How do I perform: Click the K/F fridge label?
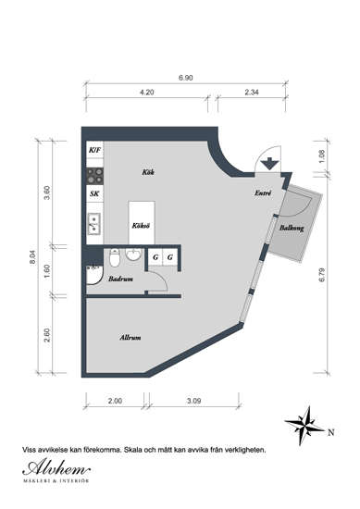pyautogui.click(x=94, y=150)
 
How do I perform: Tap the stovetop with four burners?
pyautogui.click(x=94, y=176)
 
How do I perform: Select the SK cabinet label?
pyautogui.click(x=94, y=193)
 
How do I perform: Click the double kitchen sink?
pyautogui.click(x=94, y=224)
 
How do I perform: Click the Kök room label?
pyautogui.click(x=148, y=172)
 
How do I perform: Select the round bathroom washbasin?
pyautogui.click(x=133, y=254)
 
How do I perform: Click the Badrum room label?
pyautogui.click(x=120, y=279)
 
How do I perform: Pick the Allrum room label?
pyautogui.click(x=130, y=338)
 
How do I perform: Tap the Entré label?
pyautogui.click(x=263, y=192)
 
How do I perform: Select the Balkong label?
pyautogui.click(x=292, y=228)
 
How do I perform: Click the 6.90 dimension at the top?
pyautogui.click(x=186, y=78)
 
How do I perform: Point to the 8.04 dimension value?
pyautogui.click(x=32, y=257)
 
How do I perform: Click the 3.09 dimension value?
pyautogui.click(x=193, y=401)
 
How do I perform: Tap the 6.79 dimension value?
pyautogui.click(x=322, y=275)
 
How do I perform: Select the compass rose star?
pyautogui.click(x=305, y=426)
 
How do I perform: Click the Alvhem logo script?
pyautogui.click(x=56, y=468)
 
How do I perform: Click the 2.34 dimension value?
pyautogui.click(x=252, y=93)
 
